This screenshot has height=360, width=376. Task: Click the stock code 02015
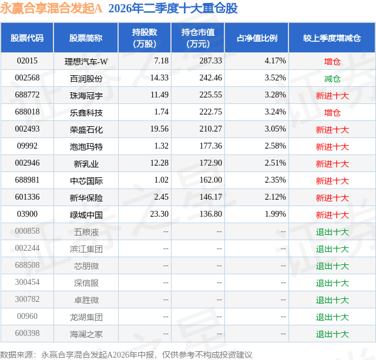click(27, 61)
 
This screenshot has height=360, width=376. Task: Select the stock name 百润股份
click(86, 78)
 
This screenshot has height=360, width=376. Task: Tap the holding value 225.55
click(211, 95)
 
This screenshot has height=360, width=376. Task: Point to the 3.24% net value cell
click(276, 112)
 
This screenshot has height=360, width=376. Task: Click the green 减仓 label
click(332, 79)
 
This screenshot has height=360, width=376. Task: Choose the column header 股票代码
click(27, 38)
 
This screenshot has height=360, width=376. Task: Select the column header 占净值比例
click(257, 38)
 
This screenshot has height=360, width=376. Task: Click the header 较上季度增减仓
click(332, 38)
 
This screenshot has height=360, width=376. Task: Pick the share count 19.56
click(159, 129)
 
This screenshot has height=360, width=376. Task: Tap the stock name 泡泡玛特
click(86, 146)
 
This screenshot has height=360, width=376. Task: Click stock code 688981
click(27, 180)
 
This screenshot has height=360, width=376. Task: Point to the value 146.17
click(211, 197)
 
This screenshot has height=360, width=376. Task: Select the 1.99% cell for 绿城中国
click(276, 214)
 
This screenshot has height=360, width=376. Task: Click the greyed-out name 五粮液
click(86, 232)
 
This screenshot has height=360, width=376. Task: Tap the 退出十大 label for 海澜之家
click(332, 334)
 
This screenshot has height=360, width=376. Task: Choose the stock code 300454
click(27, 282)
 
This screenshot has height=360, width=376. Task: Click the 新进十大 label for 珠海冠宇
click(332, 96)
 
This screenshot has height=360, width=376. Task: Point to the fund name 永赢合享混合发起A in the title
click(51, 8)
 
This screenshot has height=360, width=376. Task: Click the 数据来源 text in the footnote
click(16, 355)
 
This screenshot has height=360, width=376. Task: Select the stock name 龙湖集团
click(86, 317)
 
